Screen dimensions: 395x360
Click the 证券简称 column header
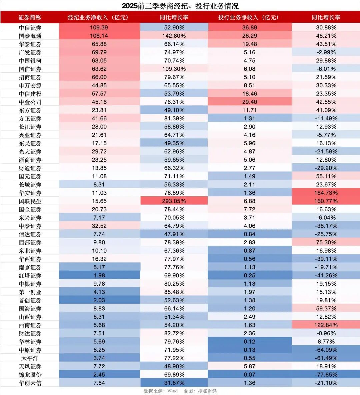tap(30, 17)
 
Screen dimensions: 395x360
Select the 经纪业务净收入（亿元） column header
tap(99, 17)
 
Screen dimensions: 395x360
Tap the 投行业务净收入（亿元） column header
tap(249, 17)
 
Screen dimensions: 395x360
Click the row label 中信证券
tap(30, 28)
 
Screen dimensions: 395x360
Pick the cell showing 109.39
tap(99, 28)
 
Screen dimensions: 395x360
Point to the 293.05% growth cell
tap(174, 201)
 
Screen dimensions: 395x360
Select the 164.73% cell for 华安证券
tap(326, 193)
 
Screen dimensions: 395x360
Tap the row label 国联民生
tap(30, 201)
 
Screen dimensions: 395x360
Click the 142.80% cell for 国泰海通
tap(174, 36)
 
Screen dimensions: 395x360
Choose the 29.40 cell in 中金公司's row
tap(249, 102)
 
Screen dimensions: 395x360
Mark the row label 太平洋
tap(30, 358)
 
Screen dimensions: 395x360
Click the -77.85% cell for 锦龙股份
tap(326, 375)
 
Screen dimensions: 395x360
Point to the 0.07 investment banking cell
tap(249, 375)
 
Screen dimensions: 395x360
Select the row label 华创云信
tap(30, 383)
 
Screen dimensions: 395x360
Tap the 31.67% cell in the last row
tap(174, 383)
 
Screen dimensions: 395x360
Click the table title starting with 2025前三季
tap(180, 6)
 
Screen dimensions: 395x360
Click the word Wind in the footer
tap(172, 391)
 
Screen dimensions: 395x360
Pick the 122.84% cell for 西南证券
tap(326, 325)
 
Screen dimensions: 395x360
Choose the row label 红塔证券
tap(30, 276)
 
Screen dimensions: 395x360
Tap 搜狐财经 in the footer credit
tap(207, 391)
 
